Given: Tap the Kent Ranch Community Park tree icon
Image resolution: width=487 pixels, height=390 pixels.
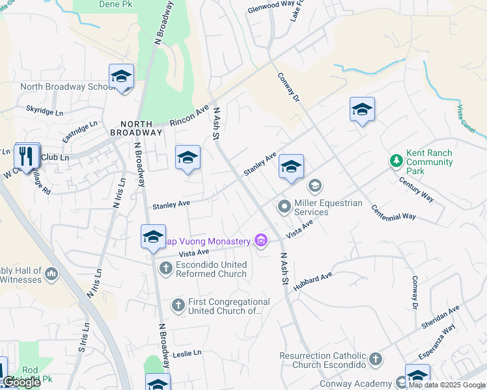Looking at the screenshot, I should (395, 160).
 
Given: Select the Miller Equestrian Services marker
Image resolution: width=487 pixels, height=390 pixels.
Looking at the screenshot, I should (284, 207).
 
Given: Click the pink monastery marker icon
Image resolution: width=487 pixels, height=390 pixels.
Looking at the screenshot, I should (261, 241).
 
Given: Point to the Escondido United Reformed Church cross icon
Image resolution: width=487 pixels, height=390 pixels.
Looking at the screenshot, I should (165, 267).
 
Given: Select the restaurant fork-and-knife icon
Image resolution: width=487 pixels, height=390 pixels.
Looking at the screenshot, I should (26, 156).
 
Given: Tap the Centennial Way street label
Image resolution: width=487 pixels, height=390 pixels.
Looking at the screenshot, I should (393, 212).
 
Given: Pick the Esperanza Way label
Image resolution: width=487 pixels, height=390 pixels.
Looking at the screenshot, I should (436, 343).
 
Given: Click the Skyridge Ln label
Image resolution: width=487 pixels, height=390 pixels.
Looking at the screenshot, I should (44, 112).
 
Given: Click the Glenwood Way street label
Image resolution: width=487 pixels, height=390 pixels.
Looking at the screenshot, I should (271, 7).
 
